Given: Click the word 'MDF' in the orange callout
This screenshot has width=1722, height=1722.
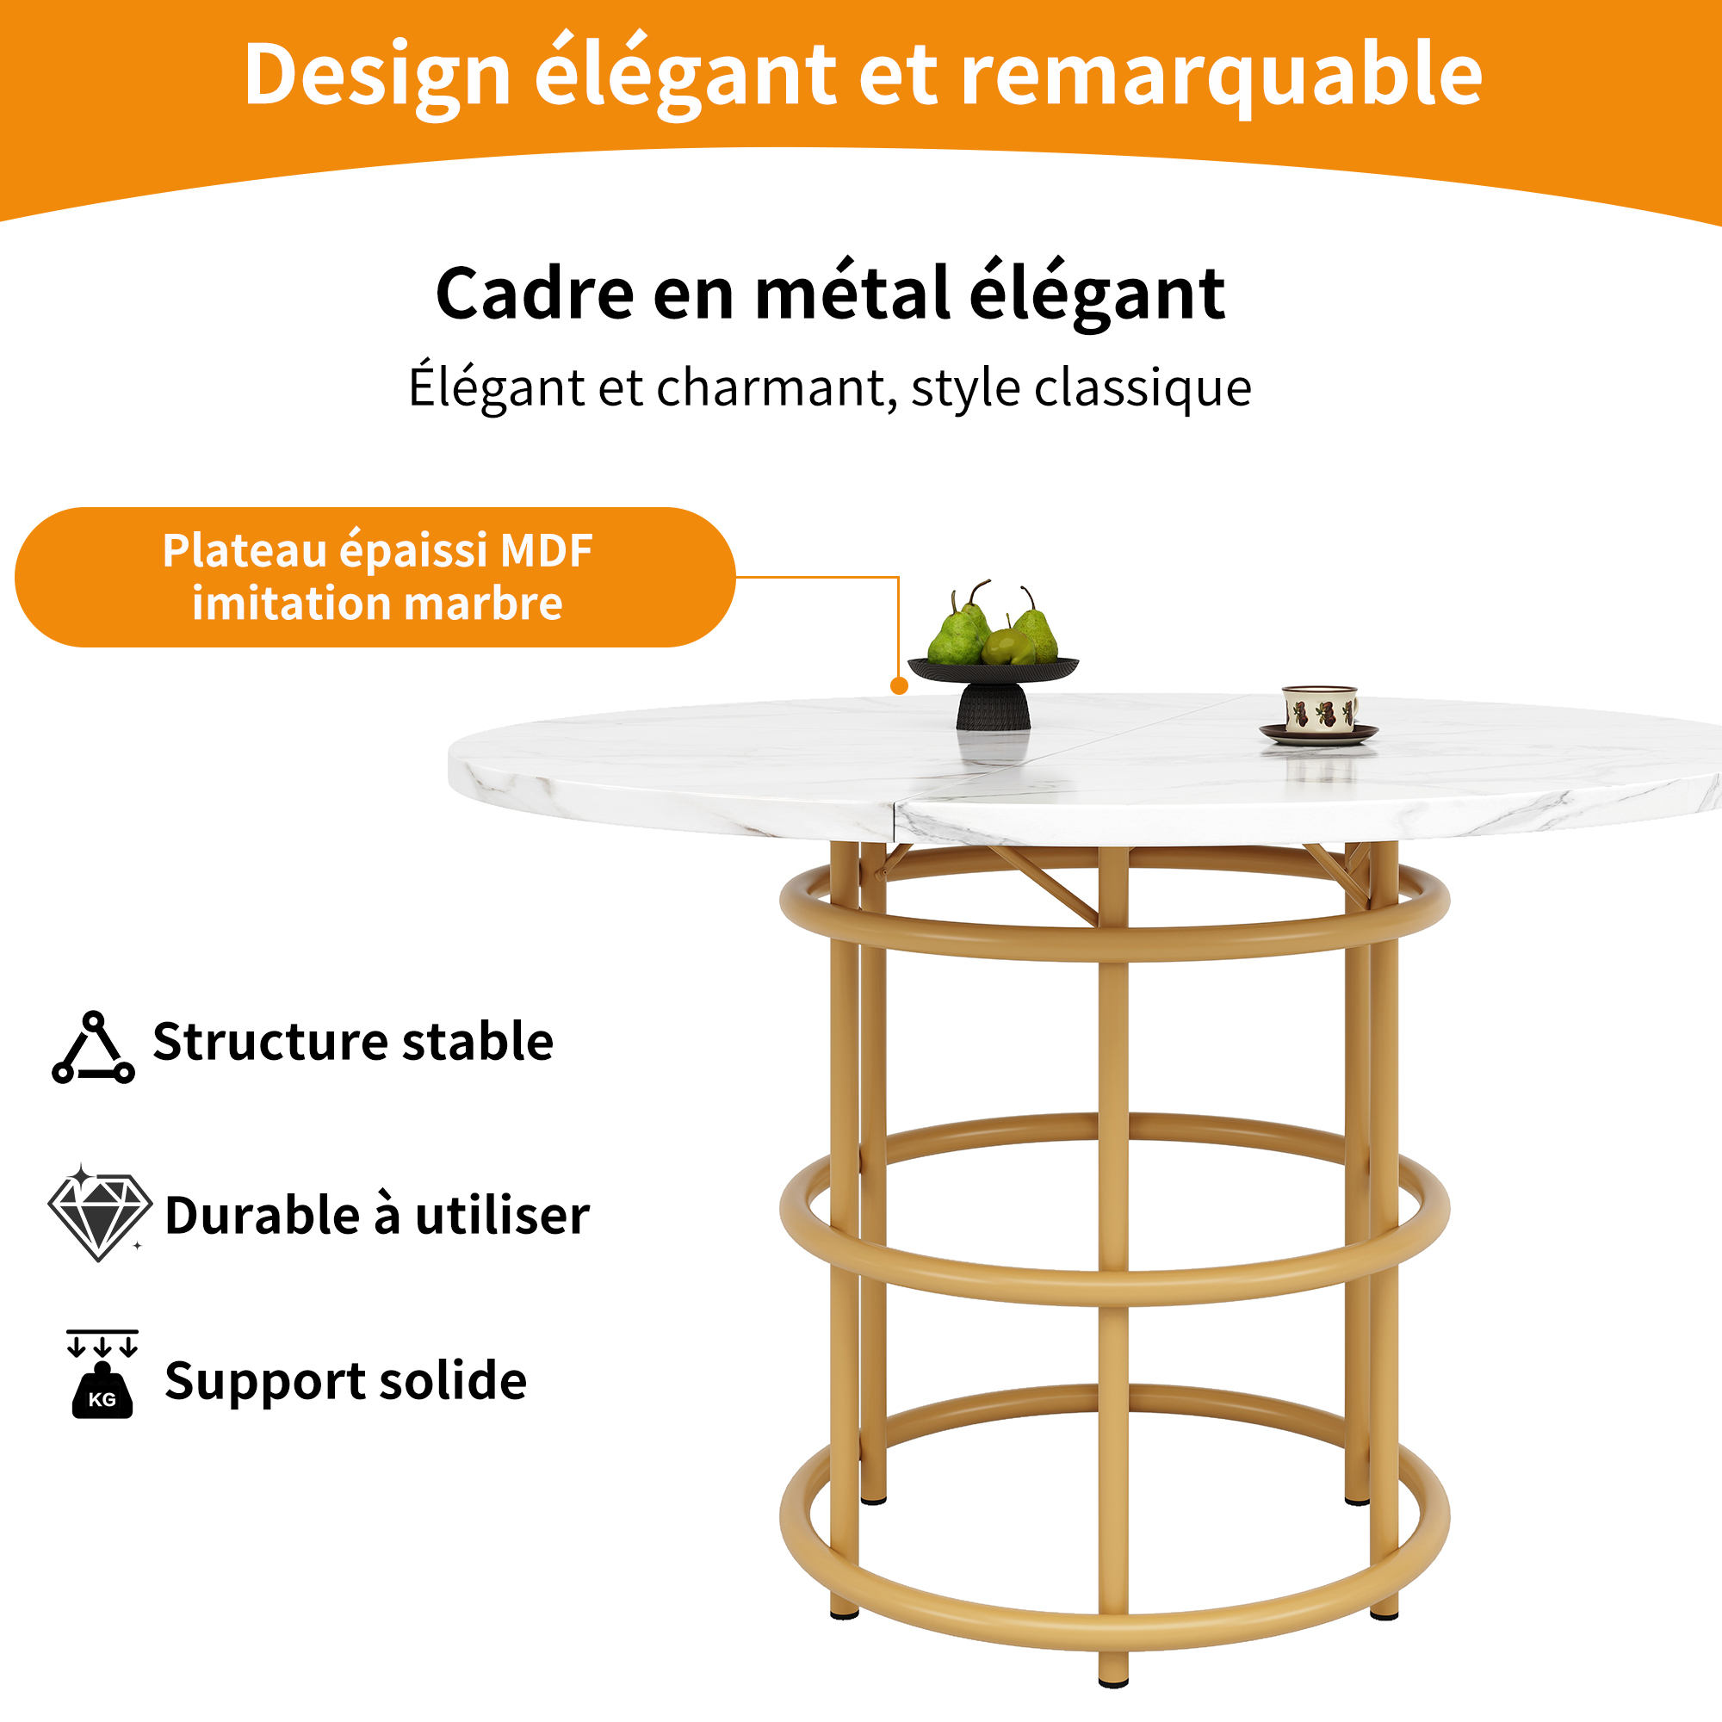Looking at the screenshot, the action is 547,551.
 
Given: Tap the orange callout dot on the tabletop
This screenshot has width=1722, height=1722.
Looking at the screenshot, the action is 900,685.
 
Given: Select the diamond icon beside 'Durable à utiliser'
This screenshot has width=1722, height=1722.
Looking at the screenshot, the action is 99,1212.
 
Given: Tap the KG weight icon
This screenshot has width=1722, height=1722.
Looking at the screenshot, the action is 102,1374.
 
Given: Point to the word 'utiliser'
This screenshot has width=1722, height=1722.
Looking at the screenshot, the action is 503,1215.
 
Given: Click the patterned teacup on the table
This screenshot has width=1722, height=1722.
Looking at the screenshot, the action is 1320,709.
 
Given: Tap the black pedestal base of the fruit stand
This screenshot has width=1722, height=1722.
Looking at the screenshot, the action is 993,707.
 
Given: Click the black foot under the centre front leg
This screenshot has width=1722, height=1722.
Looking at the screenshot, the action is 1113,1682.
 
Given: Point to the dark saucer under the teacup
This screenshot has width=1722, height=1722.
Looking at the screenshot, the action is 1318,734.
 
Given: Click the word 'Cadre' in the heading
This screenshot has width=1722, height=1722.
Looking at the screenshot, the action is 535,294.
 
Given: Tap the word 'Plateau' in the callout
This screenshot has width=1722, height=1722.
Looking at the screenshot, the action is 245,551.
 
